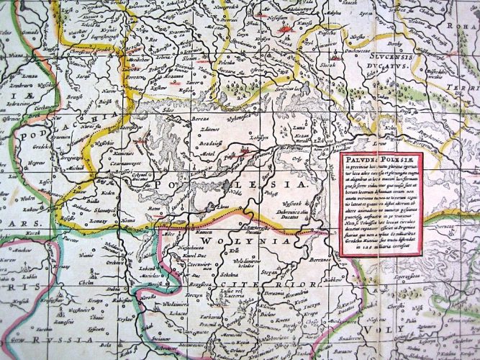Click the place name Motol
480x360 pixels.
[209, 153]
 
